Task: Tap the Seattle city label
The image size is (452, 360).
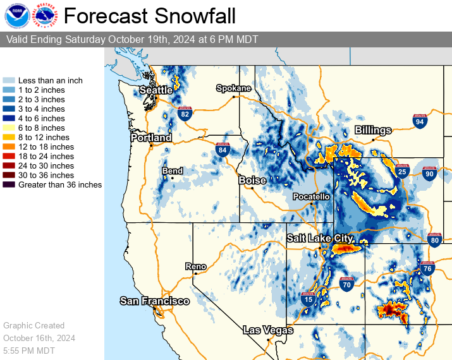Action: tap(156, 90)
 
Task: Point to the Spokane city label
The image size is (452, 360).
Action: tap(233, 88)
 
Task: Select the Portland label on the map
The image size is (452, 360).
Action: tap(151, 138)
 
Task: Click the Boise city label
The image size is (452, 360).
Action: tap(252, 181)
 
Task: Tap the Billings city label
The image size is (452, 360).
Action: tap(372, 130)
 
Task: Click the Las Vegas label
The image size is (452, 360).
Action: tap(268, 330)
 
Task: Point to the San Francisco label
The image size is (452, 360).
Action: tap(154, 301)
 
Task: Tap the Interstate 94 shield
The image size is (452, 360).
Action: tap(420, 121)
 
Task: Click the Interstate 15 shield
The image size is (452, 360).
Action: tap(308, 299)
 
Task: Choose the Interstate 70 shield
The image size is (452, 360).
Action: tap(346, 284)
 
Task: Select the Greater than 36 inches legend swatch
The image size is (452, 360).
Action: tap(9, 185)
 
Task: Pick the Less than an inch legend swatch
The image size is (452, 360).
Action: tap(9, 81)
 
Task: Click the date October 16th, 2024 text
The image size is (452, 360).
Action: tap(39, 338)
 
